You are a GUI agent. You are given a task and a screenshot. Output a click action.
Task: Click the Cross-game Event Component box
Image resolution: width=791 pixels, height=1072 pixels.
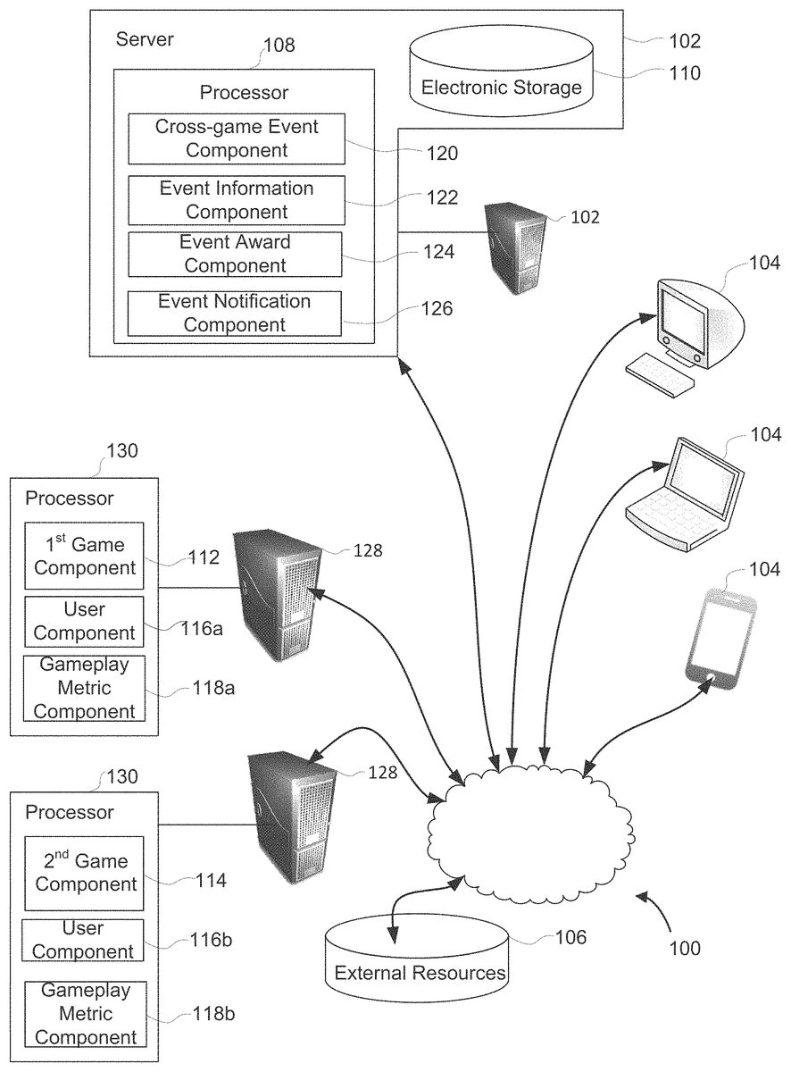(237, 138)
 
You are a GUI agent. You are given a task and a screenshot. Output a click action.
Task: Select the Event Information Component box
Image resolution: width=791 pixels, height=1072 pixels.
(237, 200)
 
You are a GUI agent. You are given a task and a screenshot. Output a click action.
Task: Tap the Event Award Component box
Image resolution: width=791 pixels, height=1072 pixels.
(235, 254)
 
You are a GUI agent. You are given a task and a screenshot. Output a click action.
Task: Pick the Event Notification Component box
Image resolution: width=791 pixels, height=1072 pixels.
(235, 314)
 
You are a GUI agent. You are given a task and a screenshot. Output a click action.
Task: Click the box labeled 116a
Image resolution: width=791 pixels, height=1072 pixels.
(84, 622)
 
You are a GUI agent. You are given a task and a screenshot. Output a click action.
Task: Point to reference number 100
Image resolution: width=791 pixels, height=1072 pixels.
(685, 948)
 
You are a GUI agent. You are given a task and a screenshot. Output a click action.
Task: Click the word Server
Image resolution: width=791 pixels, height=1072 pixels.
(145, 39)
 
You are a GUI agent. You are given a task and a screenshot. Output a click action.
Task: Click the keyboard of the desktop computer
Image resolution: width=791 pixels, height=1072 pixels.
(660, 373)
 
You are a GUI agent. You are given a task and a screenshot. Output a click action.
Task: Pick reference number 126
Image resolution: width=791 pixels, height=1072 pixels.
(437, 309)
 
